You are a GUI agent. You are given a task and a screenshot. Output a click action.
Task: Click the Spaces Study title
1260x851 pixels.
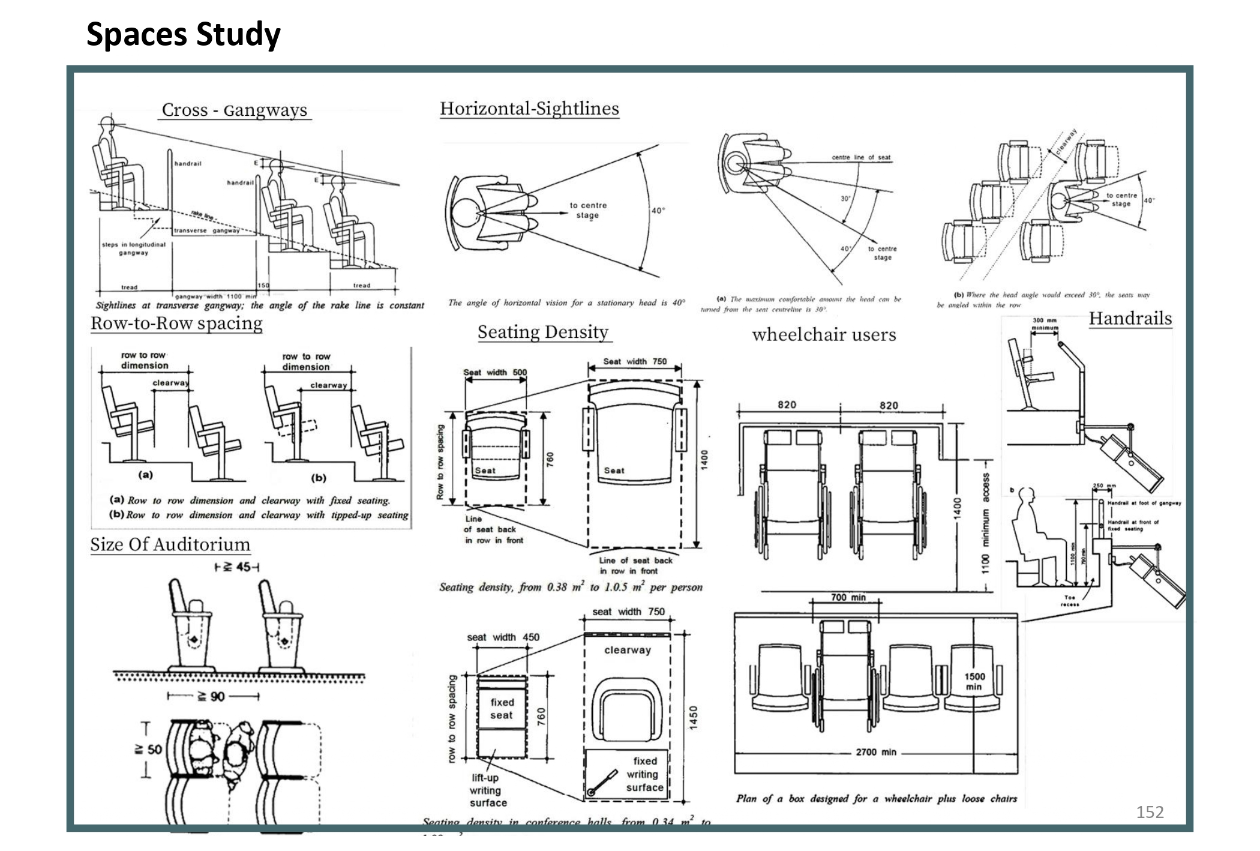pyautogui.click(x=183, y=34)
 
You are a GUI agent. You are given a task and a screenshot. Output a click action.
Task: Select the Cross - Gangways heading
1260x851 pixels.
pyautogui.click(x=235, y=110)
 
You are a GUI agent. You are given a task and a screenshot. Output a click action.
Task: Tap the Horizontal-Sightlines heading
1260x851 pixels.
pyautogui.click(x=529, y=109)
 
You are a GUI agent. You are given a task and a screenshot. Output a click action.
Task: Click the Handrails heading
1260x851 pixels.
pyautogui.click(x=1130, y=318)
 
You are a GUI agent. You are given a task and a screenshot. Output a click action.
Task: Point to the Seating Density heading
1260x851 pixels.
pyautogui.click(x=543, y=332)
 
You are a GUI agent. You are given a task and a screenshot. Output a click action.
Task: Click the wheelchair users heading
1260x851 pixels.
pyautogui.click(x=823, y=334)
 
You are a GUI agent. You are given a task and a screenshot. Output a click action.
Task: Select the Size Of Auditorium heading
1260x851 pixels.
pyautogui.click(x=170, y=544)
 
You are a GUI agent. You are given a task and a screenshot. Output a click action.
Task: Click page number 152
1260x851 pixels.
pyautogui.click(x=1150, y=812)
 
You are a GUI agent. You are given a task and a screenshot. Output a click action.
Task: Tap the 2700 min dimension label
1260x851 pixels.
pyautogui.click(x=875, y=752)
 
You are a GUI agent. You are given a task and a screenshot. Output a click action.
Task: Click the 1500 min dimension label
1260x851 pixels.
pyautogui.click(x=974, y=681)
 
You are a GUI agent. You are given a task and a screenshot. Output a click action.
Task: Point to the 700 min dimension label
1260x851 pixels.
pyautogui.click(x=848, y=597)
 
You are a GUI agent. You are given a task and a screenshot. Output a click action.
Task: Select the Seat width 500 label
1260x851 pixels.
pyautogui.click(x=495, y=372)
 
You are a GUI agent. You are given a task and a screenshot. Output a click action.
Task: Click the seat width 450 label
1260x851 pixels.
pyautogui.click(x=503, y=637)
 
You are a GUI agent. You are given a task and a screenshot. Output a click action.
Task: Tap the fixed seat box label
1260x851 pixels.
pyautogui.click(x=502, y=709)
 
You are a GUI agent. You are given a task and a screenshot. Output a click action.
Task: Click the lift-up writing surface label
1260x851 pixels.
pyautogui.click(x=487, y=790)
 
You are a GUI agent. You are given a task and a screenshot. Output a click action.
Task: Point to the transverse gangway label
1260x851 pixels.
pyautogui.click(x=207, y=230)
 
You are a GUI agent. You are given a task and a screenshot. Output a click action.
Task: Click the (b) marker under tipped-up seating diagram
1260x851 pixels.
pyautogui.click(x=318, y=478)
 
